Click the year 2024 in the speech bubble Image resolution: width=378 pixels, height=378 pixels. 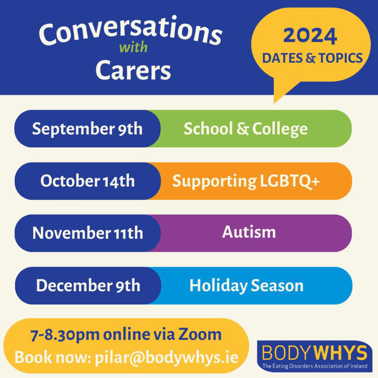pyautogui.click(x=310, y=36)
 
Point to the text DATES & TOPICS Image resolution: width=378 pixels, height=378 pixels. pyautogui.click(x=312, y=58)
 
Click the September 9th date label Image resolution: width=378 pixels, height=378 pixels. pyautogui.click(x=87, y=129)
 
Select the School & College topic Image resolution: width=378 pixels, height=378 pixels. pyautogui.click(x=245, y=129)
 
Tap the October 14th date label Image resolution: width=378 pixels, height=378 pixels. pyautogui.click(x=87, y=181)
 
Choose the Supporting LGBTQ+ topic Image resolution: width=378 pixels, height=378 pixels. pyautogui.click(x=246, y=181)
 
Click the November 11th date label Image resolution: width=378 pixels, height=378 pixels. pyautogui.click(x=87, y=233)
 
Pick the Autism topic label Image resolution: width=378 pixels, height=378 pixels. pyautogui.click(x=249, y=232)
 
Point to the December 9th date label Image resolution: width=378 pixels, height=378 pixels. pyautogui.click(x=88, y=286)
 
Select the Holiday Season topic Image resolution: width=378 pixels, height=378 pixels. pyautogui.click(x=246, y=286)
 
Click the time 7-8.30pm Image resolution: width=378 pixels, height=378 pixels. pyautogui.click(x=64, y=334)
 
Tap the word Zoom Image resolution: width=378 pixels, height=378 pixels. pyautogui.click(x=200, y=334)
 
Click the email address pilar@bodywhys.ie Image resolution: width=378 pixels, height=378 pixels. pyautogui.click(x=166, y=357)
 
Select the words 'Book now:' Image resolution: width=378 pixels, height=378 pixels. pyautogui.click(x=52, y=357)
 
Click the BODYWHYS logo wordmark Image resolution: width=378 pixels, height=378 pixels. pyautogui.click(x=315, y=353)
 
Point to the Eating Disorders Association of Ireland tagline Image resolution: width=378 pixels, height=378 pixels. pyautogui.click(x=315, y=366)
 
